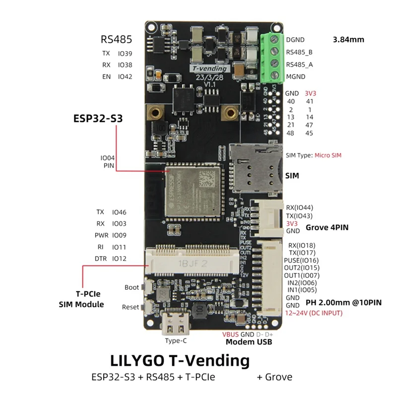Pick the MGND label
coord(295,76)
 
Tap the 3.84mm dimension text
coord(348,40)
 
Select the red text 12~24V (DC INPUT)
coord(314,313)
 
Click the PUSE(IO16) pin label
coord(301,260)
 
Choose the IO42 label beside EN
coord(125,76)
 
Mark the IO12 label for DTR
coord(119,258)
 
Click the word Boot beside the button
coord(132,287)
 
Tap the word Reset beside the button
coord(131,307)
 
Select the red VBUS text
coord(232,334)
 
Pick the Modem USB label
coord(249,342)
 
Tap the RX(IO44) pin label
coord(300,207)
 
